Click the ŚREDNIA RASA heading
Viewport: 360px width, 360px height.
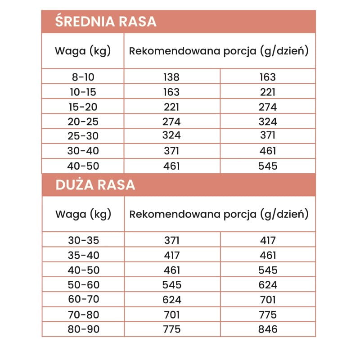point(105,22)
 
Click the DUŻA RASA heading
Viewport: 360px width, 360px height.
point(95,185)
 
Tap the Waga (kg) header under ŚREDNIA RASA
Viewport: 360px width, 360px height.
point(83,51)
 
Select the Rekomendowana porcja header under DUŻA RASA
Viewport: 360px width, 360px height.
point(219,214)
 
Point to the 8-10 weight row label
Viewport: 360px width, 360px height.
point(83,77)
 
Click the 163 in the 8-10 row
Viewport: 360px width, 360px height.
point(268,77)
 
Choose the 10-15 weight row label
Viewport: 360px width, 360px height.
point(83,92)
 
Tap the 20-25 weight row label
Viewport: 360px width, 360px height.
point(83,121)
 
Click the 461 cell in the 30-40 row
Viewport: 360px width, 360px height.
point(268,151)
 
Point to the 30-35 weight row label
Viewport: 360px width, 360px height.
point(83,240)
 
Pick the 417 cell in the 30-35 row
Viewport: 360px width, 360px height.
point(268,240)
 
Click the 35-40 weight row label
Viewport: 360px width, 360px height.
point(83,255)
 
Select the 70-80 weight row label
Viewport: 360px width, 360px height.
point(83,314)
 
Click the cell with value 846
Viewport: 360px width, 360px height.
point(268,329)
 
